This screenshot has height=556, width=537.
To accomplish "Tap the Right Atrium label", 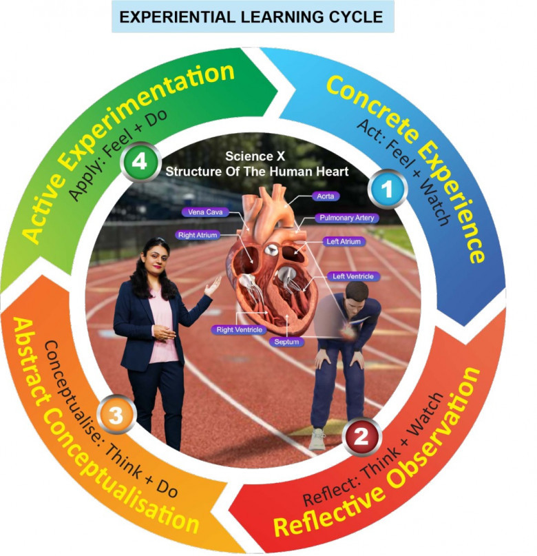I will click(199, 235).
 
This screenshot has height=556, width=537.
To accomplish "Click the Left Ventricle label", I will click(352, 276).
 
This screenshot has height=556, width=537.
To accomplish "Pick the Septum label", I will click(283, 341).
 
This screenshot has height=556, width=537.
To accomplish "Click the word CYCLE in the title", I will click(355, 17).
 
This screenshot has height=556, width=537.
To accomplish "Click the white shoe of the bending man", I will click(317, 439).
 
